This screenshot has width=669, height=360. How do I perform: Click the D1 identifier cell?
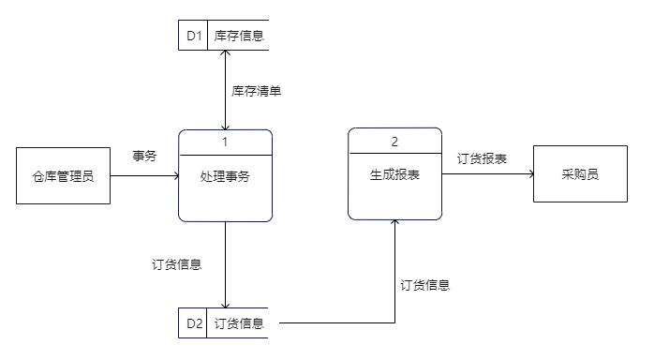(x=194, y=37)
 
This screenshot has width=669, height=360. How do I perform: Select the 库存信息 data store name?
(x=239, y=37)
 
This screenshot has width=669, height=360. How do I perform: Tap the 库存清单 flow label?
(x=257, y=91)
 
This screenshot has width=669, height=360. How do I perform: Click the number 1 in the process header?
(x=225, y=142)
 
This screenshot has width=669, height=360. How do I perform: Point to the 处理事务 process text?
(x=225, y=176)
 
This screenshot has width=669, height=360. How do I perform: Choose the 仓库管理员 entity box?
(x=63, y=174)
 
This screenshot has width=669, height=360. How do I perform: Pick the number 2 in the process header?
(x=394, y=142)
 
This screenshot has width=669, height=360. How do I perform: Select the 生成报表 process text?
(x=394, y=174)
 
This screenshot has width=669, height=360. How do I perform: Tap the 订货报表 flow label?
(x=482, y=158)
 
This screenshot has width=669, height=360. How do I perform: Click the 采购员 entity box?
(x=580, y=174)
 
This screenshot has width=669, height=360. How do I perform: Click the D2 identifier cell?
(x=194, y=323)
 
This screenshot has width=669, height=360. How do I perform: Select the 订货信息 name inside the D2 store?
(x=239, y=323)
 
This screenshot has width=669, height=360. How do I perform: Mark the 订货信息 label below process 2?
(x=424, y=285)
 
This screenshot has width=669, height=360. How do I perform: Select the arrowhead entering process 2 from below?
(x=394, y=223)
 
